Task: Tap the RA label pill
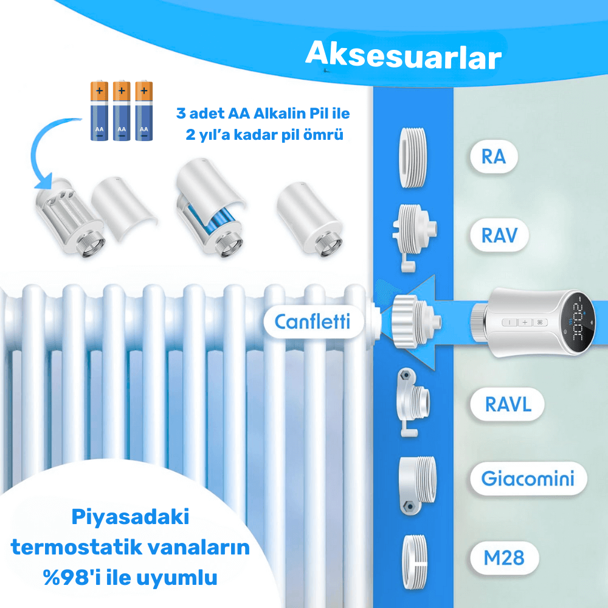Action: click(494, 157)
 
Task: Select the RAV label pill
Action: click(499, 235)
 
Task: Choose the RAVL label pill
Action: click(508, 404)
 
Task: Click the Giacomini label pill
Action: click(528, 478)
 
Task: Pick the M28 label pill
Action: click(504, 558)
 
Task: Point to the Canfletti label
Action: click(313, 322)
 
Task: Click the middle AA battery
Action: click(122, 111)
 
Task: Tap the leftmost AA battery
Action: click(99, 111)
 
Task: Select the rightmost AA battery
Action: click(144, 111)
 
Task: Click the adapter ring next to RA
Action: click(413, 157)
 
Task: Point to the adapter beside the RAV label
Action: click(413, 237)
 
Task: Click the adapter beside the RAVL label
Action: click(413, 402)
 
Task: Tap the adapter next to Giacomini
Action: click(417, 485)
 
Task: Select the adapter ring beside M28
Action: click(414, 562)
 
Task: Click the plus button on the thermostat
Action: click(525, 322)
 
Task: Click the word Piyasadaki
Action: click(130, 517)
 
